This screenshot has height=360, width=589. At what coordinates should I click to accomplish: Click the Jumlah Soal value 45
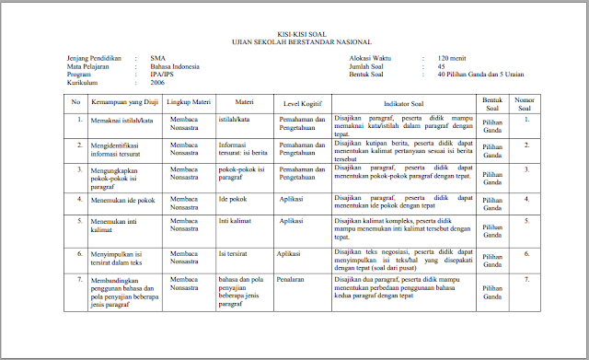(443, 65)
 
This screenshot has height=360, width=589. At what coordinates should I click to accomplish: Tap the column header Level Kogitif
(303, 101)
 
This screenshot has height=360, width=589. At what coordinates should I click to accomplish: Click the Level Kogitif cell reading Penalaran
(293, 278)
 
